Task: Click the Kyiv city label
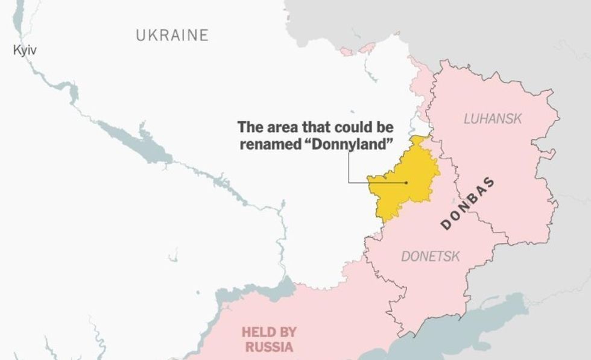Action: (25, 51)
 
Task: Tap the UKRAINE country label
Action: (172, 35)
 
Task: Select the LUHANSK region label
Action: (493, 119)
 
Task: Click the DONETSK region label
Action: (431, 256)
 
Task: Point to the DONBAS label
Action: (468, 204)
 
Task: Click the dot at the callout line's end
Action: (407, 182)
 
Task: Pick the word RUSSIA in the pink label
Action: (269, 347)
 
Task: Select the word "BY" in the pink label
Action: (287, 332)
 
